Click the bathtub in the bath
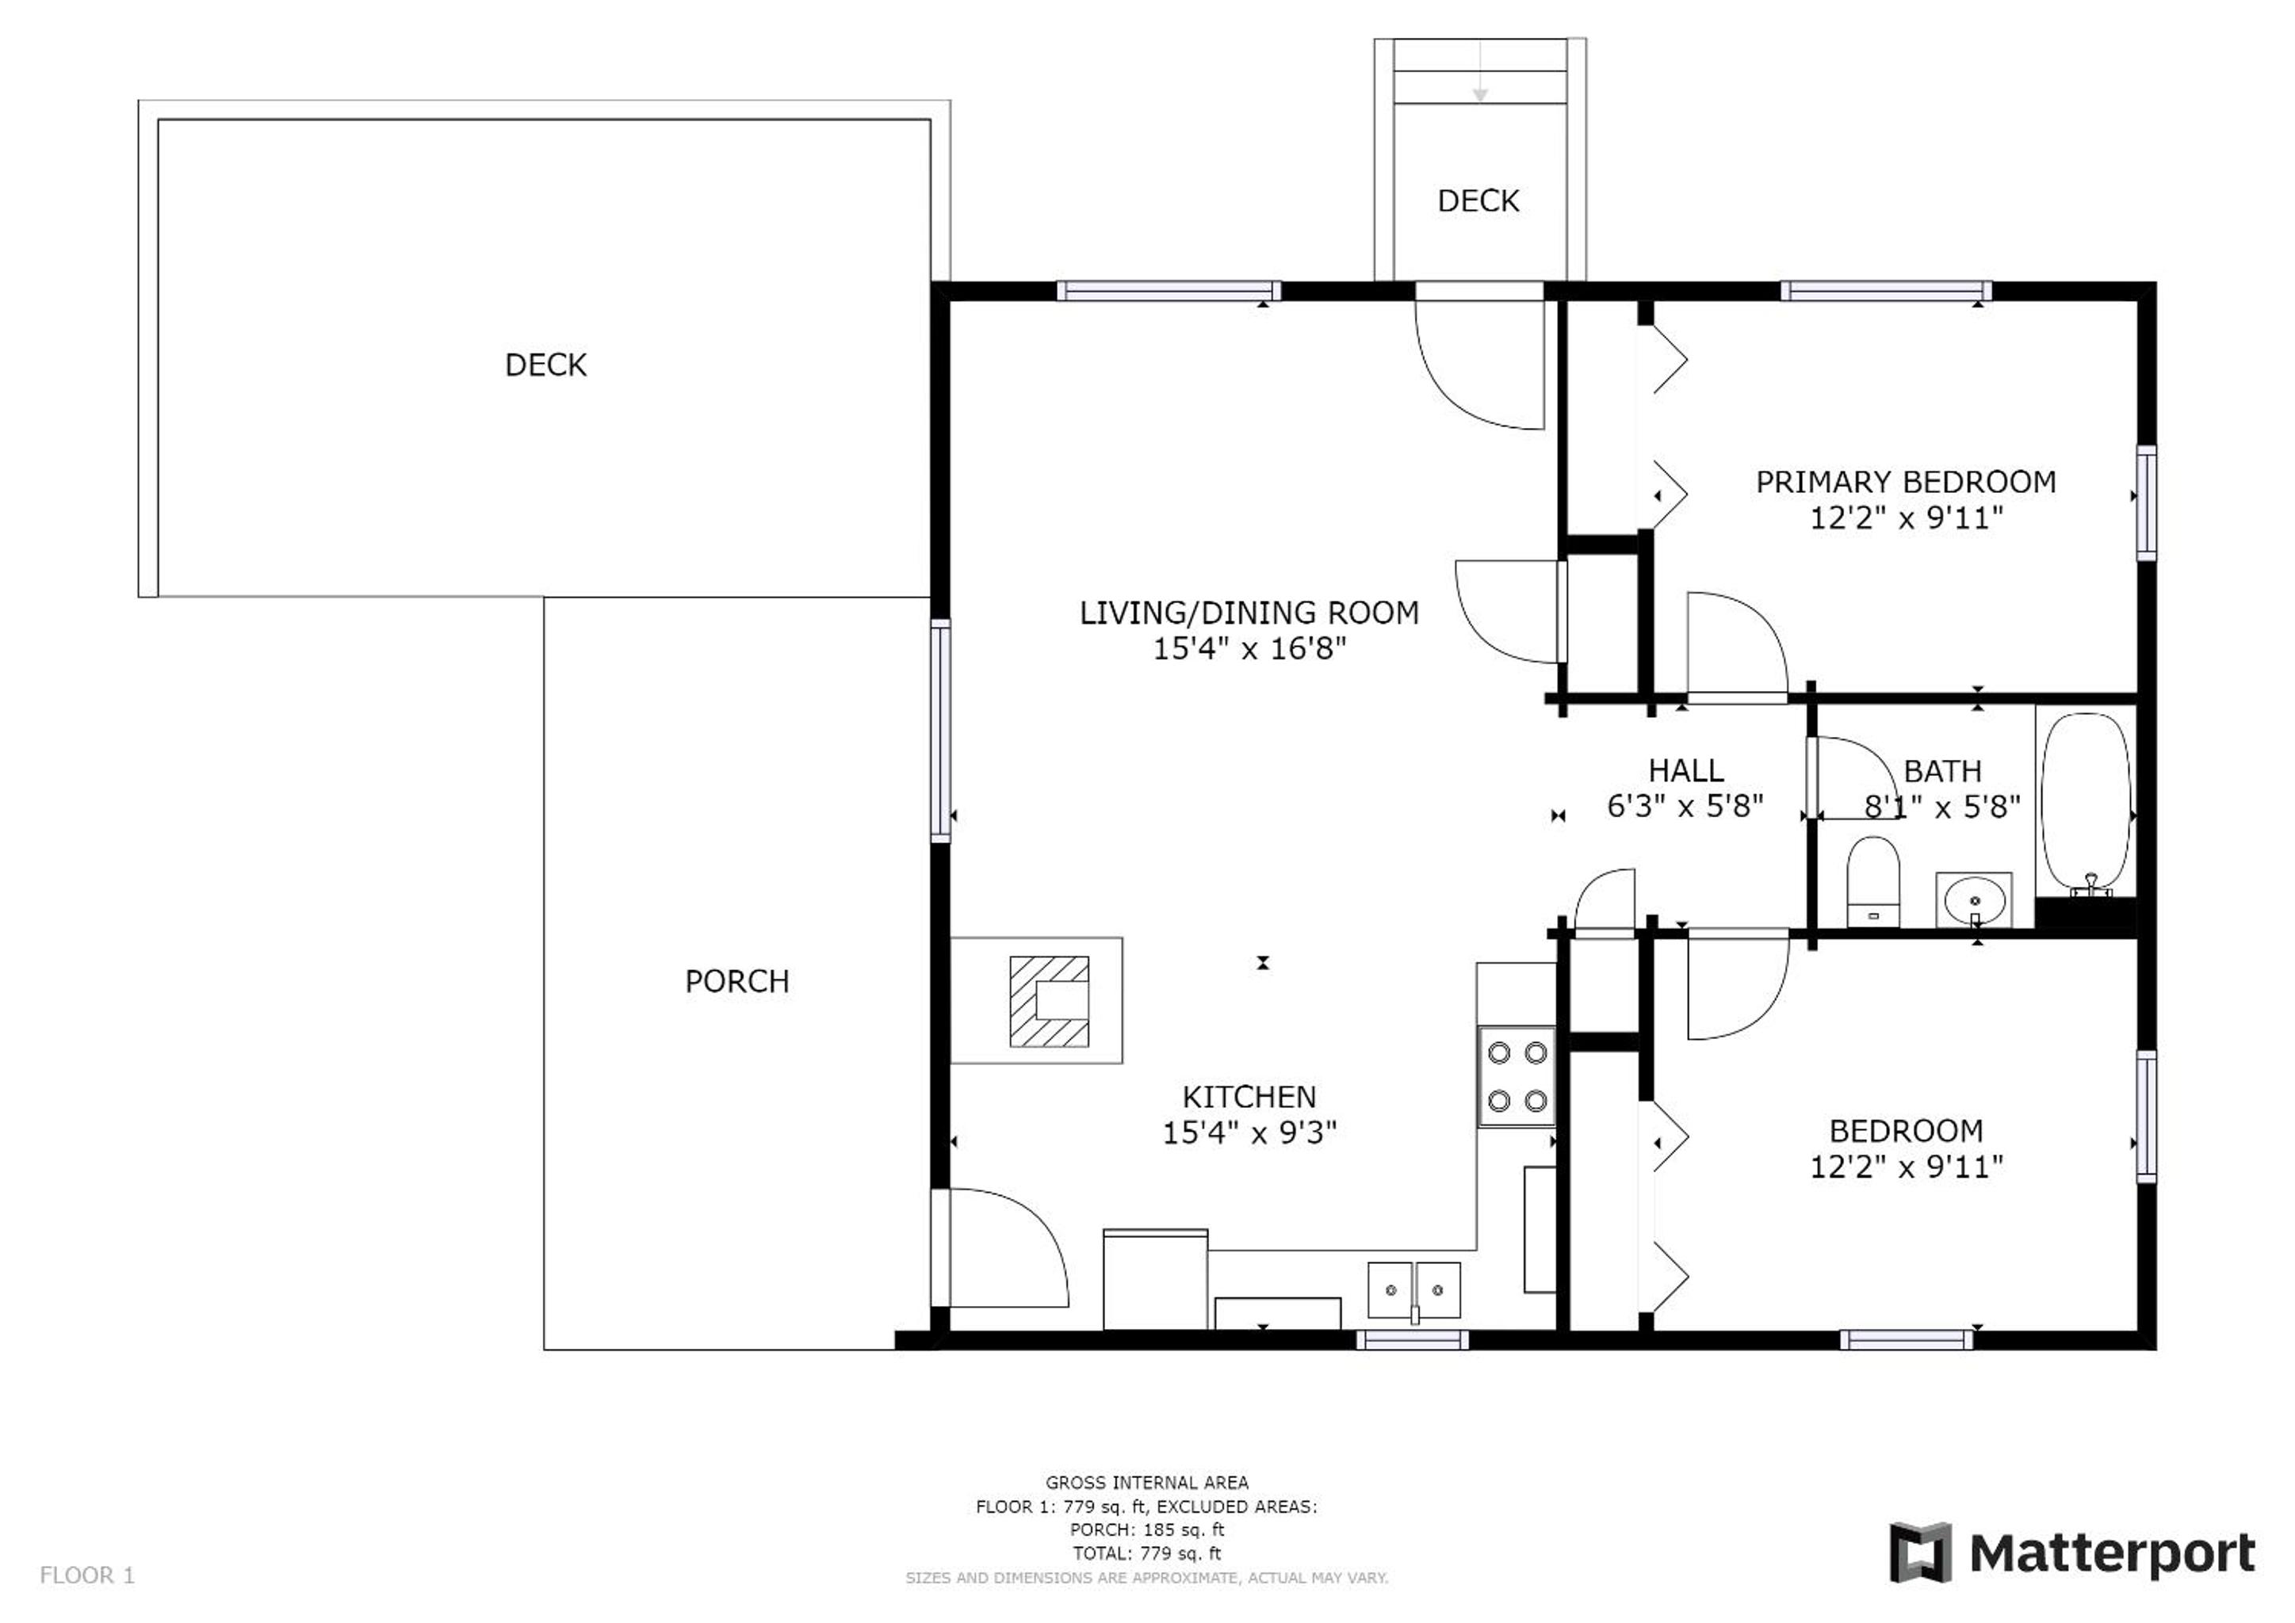pos(2086,803)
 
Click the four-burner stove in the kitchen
pos(1517,1076)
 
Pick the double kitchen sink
pos(1414,1290)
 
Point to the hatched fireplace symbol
pos(1049,1002)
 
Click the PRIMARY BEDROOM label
pos(1907,483)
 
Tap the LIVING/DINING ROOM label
pos(1249,613)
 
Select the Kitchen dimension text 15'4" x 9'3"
pos(1249,1132)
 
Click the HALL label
pos(1686,770)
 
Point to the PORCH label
pos(736,981)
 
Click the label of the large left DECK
pos(545,365)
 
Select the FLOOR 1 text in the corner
pos(87,1576)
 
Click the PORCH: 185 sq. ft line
pos(1146,1530)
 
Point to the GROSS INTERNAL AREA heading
pos(1146,1483)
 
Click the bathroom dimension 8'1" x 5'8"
pos(1942,807)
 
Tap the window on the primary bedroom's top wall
pos(1886,291)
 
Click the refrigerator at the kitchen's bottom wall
pos(1156,1280)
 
